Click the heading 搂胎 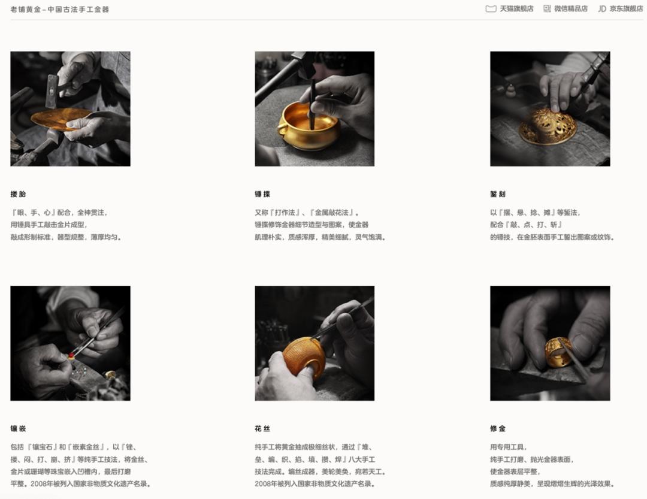[x=18, y=194]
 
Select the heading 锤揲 [x=262, y=194]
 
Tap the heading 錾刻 [x=498, y=194]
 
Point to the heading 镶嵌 [x=18, y=428]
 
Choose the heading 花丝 [x=262, y=428]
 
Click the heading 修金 [x=498, y=428]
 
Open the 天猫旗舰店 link [x=509, y=8]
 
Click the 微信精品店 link [x=566, y=8]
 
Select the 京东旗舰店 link [x=621, y=8]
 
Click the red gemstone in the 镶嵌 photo [x=71, y=355]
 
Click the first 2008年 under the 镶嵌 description [x=41, y=484]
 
